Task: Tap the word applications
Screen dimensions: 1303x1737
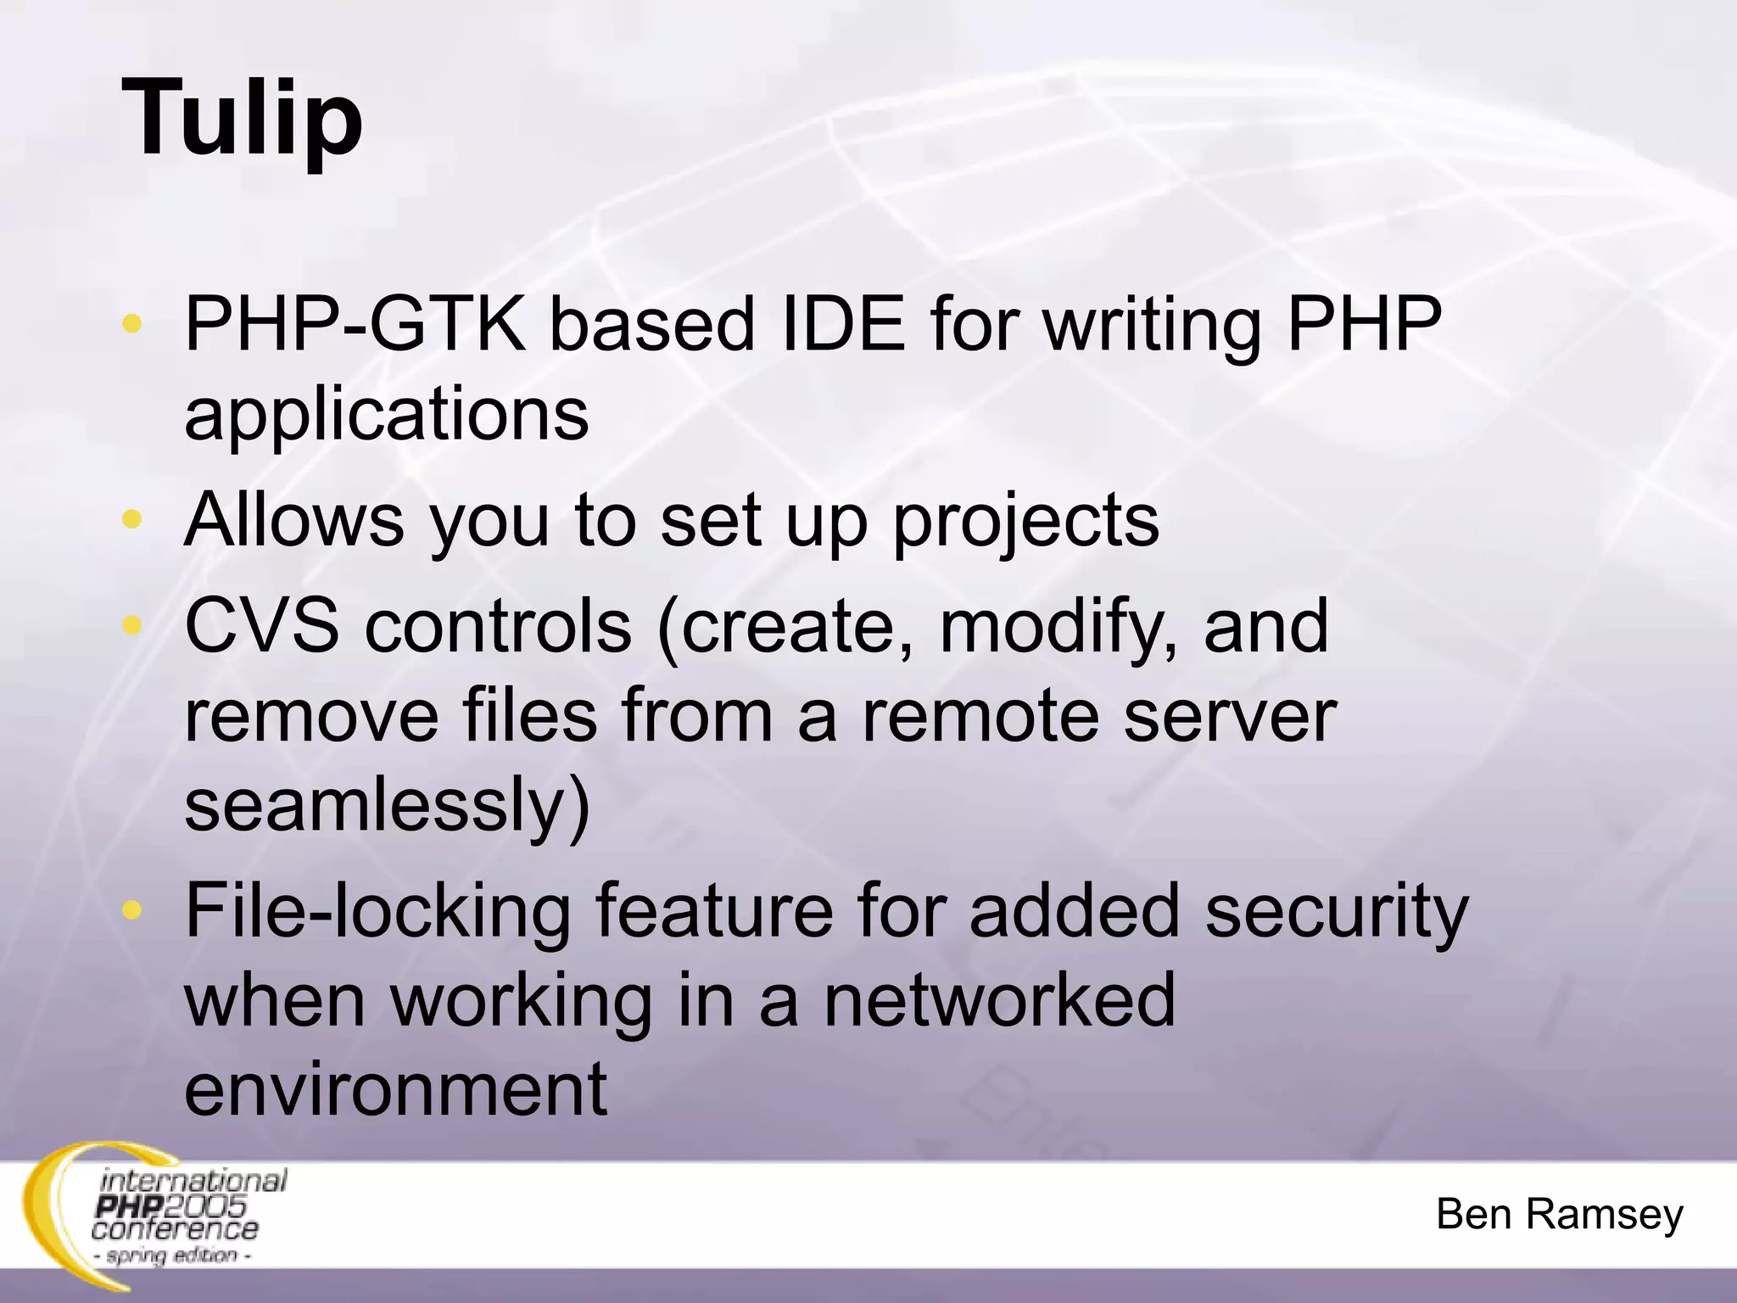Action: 386,416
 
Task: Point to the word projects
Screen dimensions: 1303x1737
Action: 1025,521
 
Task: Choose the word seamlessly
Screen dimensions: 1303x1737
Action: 386,806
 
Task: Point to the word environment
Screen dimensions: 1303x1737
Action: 395,1089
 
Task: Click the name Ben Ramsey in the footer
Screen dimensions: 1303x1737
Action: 1559,1214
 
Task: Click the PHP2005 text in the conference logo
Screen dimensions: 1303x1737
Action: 170,1206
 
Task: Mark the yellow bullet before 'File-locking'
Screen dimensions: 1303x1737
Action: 131,910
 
